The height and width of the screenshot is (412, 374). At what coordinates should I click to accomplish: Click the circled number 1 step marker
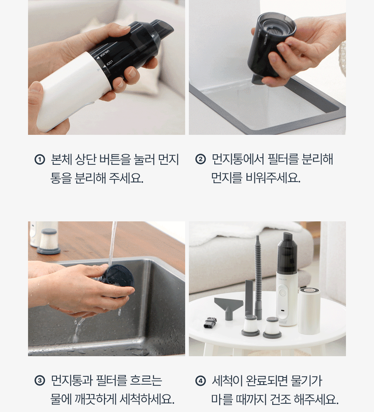tap(40, 160)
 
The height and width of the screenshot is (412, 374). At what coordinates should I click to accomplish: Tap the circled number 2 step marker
tap(200, 160)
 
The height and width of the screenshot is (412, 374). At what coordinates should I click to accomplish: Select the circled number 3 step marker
tap(40, 381)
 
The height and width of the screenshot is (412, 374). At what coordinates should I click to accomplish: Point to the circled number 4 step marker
tap(200, 381)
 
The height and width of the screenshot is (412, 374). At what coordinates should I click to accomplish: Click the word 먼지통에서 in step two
tap(237, 160)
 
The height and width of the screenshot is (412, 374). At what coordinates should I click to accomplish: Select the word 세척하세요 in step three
tap(147, 399)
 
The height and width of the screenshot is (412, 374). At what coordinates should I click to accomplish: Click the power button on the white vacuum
tap(282, 293)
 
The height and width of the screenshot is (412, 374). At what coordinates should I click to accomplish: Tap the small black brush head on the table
tap(211, 322)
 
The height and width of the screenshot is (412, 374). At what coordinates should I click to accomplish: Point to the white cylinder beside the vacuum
tap(309, 311)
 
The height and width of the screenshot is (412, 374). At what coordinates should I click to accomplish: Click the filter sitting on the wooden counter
tap(49, 241)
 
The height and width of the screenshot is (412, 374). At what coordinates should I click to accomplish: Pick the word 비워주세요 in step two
tap(273, 178)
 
